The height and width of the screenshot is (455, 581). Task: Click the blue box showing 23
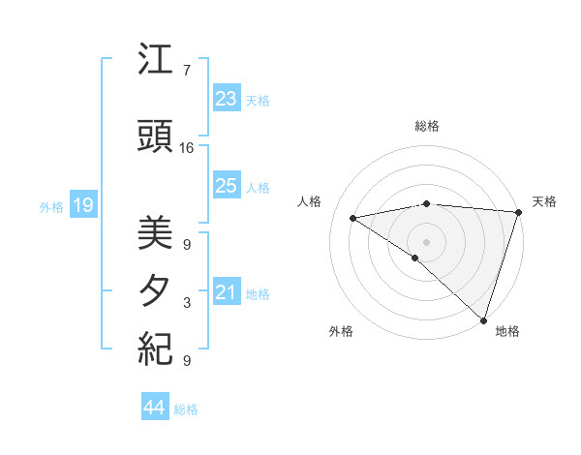click(x=226, y=100)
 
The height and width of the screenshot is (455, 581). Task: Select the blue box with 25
click(x=226, y=187)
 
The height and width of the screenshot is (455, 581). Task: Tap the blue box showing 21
click(x=226, y=293)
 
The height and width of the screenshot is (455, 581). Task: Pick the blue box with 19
click(x=82, y=205)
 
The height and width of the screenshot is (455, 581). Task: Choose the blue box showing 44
click(x=154, y=408)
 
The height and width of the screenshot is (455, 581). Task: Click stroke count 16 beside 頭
click(x=187, y=148)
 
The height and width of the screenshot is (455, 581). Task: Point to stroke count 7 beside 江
click(x=186, y=71)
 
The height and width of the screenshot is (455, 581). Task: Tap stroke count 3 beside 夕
click(x=187, y=303)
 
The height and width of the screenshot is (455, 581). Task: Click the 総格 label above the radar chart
click(x=426, y=126)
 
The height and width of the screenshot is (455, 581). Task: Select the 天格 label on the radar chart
click(x=544, y=201)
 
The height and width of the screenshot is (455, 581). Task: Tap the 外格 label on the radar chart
click(x=341, y=331)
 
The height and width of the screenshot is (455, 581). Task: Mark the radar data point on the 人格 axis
click(x=353, y=218)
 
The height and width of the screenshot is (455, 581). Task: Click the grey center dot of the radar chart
click(x=426, y=241)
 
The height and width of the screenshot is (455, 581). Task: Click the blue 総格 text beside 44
click(x=186, y=409)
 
